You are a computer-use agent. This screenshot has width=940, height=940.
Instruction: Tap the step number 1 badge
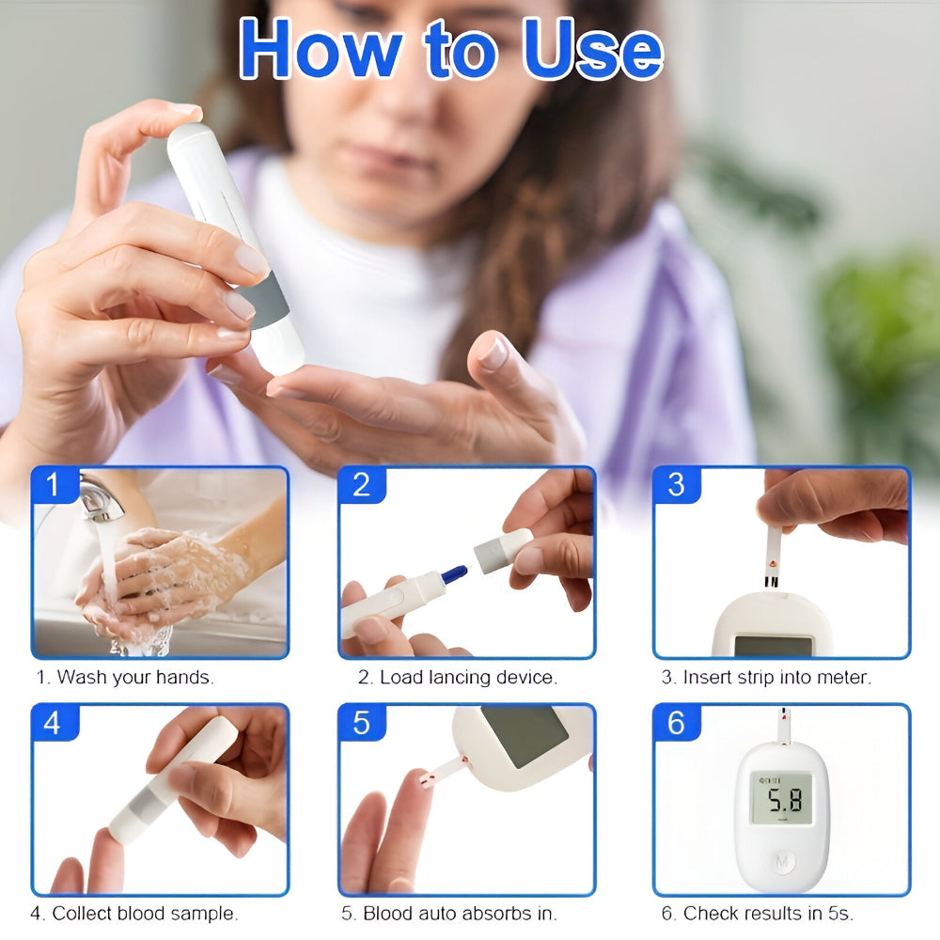(52, 486)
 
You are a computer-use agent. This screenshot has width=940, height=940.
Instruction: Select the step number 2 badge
(362, 486)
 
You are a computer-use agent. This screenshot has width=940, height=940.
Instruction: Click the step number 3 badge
(676, 486)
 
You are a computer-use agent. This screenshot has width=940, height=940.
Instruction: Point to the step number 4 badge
(52, 724)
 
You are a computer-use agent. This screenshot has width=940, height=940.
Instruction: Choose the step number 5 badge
(362, 724)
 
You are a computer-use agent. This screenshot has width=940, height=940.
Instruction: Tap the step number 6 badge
(676, 724)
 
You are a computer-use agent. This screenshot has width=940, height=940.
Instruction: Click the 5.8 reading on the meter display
(782, 801)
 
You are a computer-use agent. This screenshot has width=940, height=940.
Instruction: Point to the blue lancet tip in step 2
(454, 573)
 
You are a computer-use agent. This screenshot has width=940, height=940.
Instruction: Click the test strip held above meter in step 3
(773, 556)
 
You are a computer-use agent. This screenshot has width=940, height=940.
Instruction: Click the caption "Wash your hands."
(125, 677)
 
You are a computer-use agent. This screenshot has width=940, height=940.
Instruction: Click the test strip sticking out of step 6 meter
(783, 725)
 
